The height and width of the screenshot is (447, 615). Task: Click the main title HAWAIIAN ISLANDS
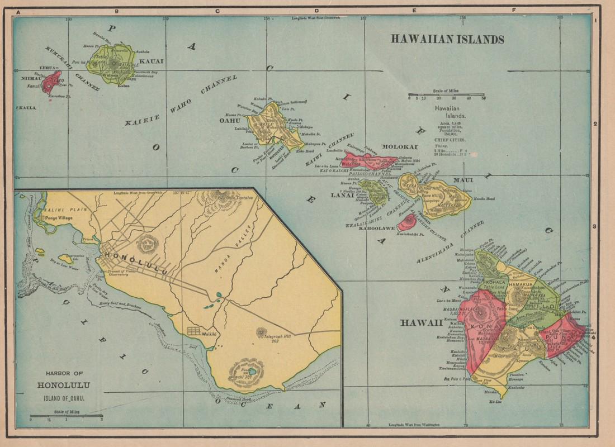click(x=447, y=40)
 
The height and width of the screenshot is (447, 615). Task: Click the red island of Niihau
click(x=51, y=82)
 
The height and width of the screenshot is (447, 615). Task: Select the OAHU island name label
click(x=229, y=120)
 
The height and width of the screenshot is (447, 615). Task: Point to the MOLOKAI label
click(x=400, y=147)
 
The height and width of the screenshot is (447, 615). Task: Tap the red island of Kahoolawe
click(x=406, y=222)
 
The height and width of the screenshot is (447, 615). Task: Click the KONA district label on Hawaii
click(x=477, y=326)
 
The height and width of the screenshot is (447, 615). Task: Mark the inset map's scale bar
click(x=66, y=415)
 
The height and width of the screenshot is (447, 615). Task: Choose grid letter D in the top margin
click(x=316, y=11)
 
